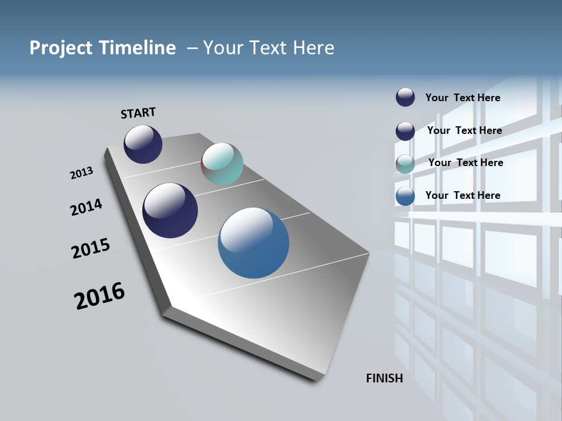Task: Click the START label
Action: (x=138, y=113)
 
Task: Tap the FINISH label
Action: (x=384, y=378)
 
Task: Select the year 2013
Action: (x=81, y=173)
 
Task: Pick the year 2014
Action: (x=86, y=207)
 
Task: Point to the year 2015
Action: (x=90, y=248)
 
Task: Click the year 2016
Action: (x=100, y=296)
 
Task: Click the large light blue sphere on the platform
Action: (x=253, y=243)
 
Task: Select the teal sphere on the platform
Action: (x=222, y=164)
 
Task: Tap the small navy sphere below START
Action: (x=143, y=144)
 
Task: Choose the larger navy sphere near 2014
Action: (x=170, y=210)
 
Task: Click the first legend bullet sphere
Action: (x=405, y=97)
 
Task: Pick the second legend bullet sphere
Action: (x=405, y=131)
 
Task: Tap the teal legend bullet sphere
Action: (x=405, y=164)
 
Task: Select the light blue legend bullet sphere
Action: (x=405, y=196)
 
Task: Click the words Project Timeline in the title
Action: (x=102, y=48)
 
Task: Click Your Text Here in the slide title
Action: (x=269, y=48)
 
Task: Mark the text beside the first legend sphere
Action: (x=462, y=98)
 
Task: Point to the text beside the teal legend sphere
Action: (x=465, y=163)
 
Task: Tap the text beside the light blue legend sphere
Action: (x=462, y=195)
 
